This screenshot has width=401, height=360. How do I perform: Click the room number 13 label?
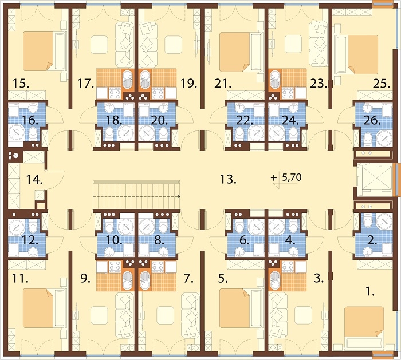tap(228, 179)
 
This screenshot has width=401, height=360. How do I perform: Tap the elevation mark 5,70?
tap(292, 177)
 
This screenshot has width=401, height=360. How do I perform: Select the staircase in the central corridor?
tap(136, 195)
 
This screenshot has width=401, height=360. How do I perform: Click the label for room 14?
tap(34, 180)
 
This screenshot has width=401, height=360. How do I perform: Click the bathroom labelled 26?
tap(374, 124)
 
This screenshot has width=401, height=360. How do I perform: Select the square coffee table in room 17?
tap(99, 45)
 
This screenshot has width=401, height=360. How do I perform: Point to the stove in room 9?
tap(115, 267)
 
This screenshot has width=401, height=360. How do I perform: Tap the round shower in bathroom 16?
tap(17, 132)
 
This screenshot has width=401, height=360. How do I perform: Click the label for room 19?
tap(188, 84)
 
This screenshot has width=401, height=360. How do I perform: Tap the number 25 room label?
tap(382, 84)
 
